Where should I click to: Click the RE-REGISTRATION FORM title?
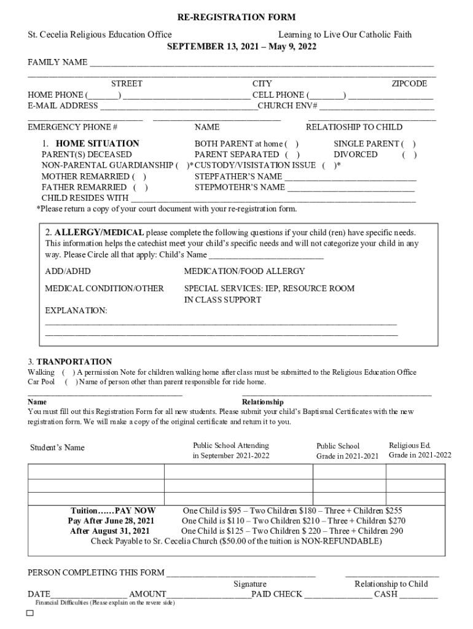[237, 18]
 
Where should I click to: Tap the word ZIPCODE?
[409, 84]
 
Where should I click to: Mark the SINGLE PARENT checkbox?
[409, 144]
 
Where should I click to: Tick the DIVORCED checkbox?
[409, 155]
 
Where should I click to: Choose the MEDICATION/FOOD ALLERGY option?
[244, 271]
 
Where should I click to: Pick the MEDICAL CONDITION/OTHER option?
[104, 288]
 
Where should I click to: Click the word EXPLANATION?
[76, 311]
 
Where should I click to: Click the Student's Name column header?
[58, 447]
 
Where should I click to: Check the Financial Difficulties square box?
[29, 614]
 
